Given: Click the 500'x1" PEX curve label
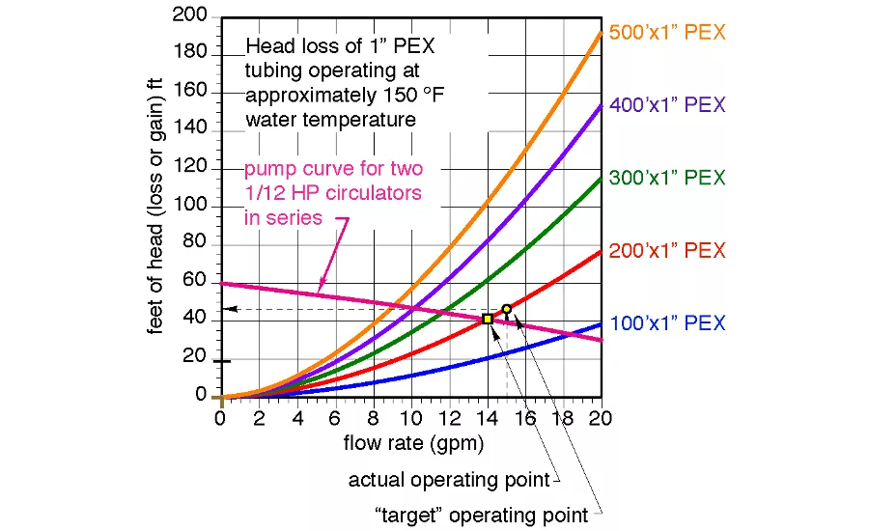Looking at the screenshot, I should [667, 32].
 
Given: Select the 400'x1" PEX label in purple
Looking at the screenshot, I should [667, 104].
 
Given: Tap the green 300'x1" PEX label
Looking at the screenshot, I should [667, 178].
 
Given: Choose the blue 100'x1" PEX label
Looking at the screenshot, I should [667, 324].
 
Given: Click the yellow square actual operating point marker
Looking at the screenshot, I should [488, 319].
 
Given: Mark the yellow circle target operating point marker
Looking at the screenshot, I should [507, 309].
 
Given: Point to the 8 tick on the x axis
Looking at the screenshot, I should [373, 418].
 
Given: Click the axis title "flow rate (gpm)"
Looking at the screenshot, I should [413, 444].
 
